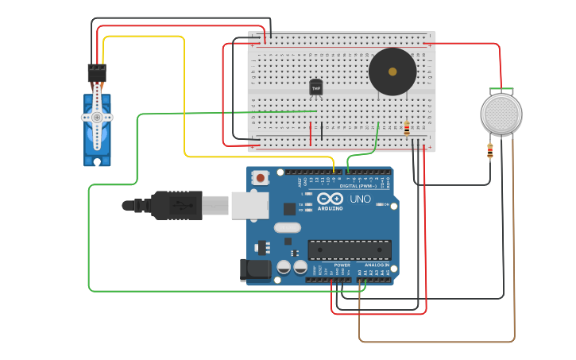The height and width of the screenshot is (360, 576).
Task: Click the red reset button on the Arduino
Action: click(261, 179)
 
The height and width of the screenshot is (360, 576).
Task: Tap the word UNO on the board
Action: click(361, 199)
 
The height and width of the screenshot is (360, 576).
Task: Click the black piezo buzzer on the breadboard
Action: click(392, 72)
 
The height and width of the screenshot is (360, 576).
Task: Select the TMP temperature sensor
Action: click(315, 87)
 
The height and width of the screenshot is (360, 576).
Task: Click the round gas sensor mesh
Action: click(501, 114)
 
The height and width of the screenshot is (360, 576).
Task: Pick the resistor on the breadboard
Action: click(408, 128)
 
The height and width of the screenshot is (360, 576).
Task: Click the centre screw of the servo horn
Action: click(98, 117)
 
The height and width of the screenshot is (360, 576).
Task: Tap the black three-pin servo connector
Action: click(97, 72)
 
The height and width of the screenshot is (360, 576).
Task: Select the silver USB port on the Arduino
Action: click(249, 204)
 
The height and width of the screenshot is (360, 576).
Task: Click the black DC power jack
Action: click(256, 269)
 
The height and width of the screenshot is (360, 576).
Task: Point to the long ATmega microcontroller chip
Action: click(350, 250)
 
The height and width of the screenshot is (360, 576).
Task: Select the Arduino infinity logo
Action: click(330, 199)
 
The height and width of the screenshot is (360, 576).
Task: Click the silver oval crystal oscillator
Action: click(288, 228)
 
